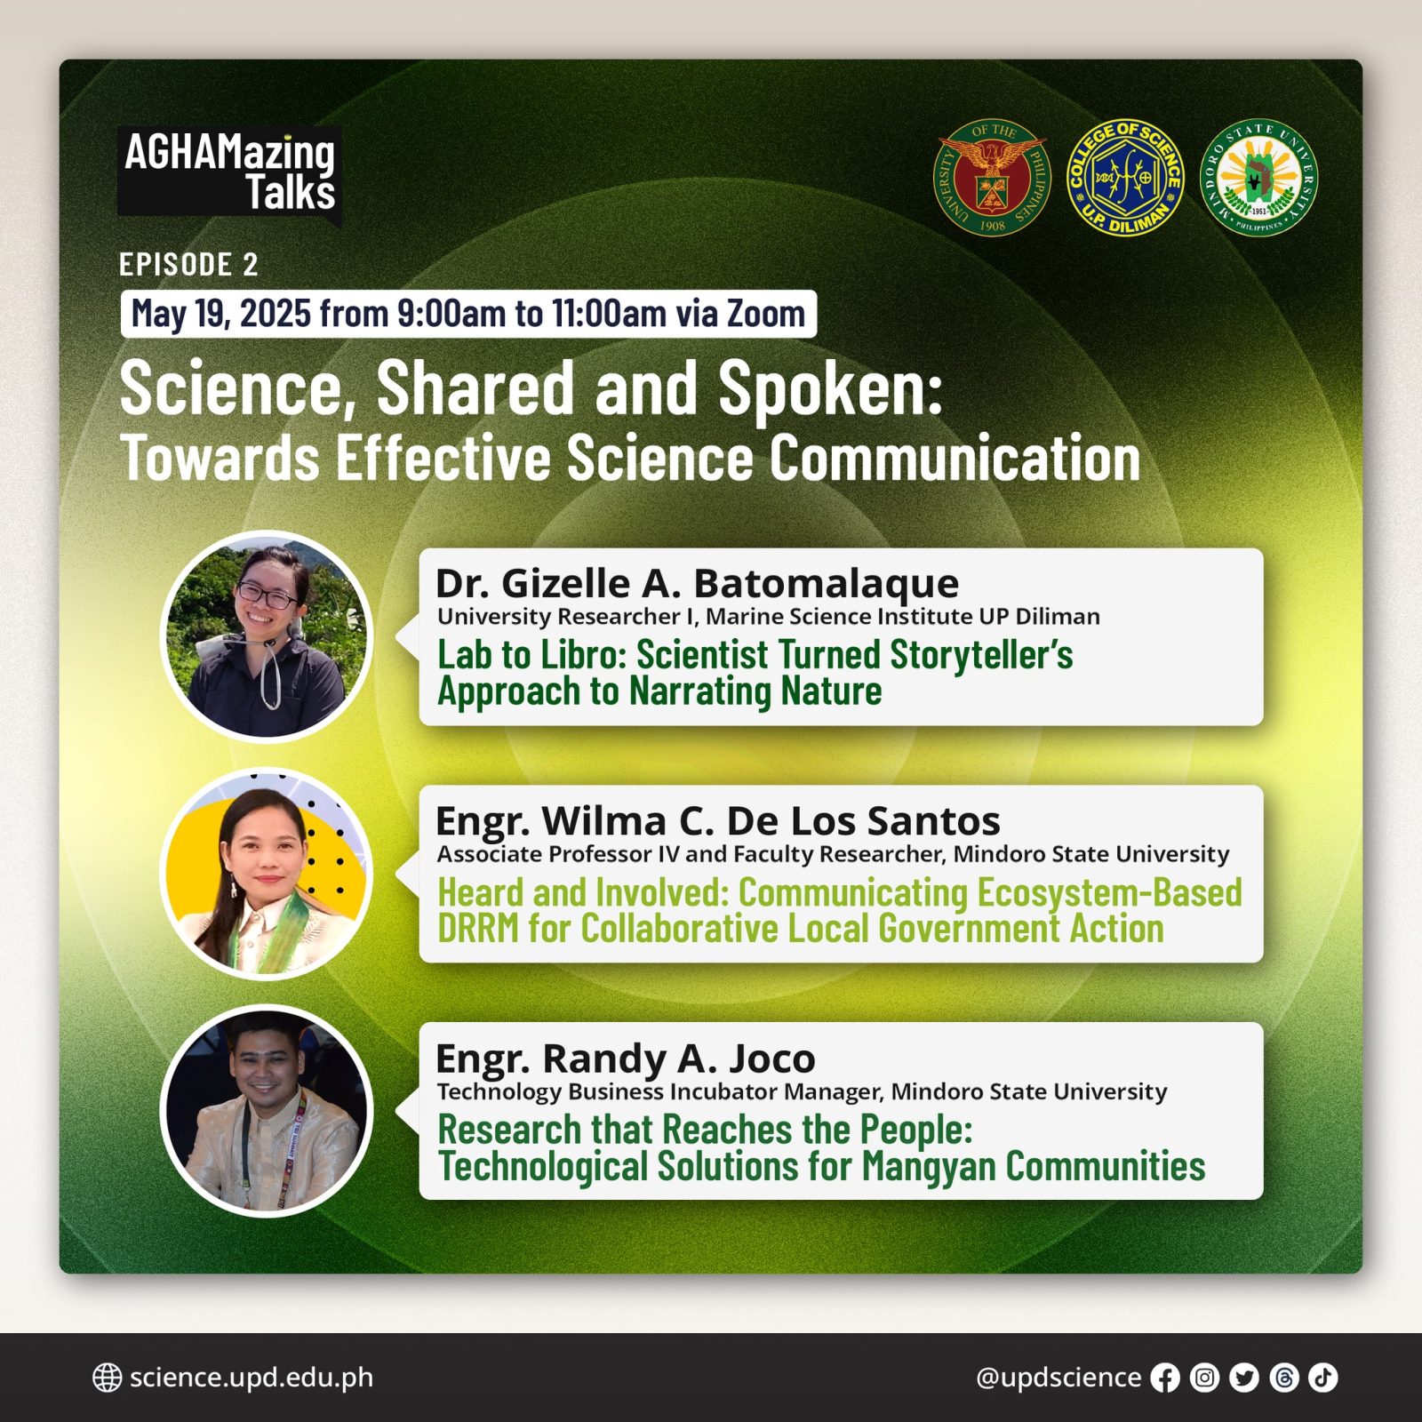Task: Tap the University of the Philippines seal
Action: (x=992, y=178)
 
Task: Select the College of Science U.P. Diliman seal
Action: (x=1125, y=178)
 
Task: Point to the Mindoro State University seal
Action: (x=1258, y=178)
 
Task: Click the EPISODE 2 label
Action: (x=188, y=264)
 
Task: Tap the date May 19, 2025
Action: (x=221, y=314)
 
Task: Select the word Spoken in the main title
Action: (x=830, y=389)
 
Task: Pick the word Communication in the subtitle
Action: (x=955, y=459)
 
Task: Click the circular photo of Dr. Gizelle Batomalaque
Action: (x=267, y=636)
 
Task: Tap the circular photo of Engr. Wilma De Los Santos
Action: (x=267, y=874)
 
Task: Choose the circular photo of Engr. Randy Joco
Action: (x=267, y=1111)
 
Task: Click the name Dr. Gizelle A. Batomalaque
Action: (x=698, y=584)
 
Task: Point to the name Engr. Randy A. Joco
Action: (x=626, y=1059)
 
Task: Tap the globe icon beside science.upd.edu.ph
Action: (x=108, y=1378)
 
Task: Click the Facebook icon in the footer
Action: (x=1165, y=1378)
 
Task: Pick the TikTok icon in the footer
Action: (x=1323, y=1378)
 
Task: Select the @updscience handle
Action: (x=1059, y=1378)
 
